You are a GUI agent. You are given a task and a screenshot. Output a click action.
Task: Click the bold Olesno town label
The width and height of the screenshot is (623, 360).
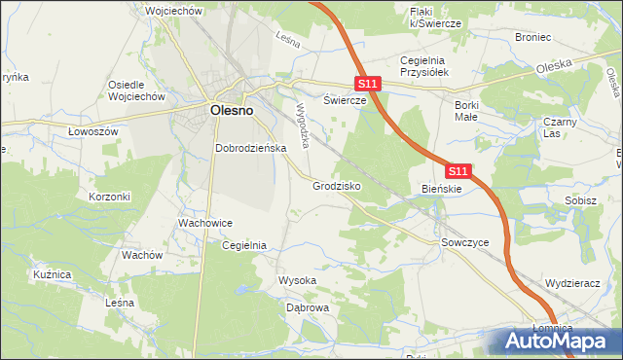[232, 111]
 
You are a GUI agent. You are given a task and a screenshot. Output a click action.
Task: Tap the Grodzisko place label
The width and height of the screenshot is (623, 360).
[338, 184]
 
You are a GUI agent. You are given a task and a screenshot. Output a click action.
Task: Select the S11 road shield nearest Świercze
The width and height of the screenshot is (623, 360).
[366, 86]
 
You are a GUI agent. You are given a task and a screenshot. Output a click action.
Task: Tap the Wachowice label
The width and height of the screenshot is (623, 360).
[204, 223]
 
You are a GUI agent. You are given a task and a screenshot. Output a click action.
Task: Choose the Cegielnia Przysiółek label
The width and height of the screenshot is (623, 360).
[422, 66]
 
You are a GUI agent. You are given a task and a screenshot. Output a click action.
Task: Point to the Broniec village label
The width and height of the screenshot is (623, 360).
[533, 37]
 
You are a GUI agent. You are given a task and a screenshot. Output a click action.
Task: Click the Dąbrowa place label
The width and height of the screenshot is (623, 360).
[308, 307]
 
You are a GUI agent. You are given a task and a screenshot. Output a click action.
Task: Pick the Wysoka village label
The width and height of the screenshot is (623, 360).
[298, 280]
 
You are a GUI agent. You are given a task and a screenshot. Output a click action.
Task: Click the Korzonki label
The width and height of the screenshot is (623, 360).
[109, 196]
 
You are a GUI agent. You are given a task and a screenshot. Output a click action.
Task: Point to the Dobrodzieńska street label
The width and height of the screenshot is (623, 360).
[249, 148]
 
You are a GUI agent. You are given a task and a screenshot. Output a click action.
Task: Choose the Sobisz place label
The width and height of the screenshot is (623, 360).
[580, 199]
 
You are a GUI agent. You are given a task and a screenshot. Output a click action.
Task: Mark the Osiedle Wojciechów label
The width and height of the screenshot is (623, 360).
[138, 90]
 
